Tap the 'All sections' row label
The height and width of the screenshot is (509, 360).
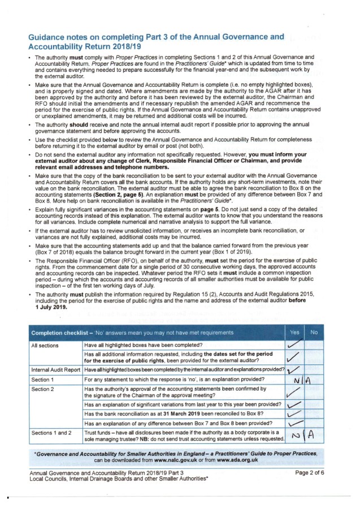pyautogui.click(x=45, y=344)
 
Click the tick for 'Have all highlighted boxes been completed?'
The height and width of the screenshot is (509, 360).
pyautogui.click(x=294, y=344)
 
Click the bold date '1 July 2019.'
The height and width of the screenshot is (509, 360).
pyautogui.click(x=51, y=308)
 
